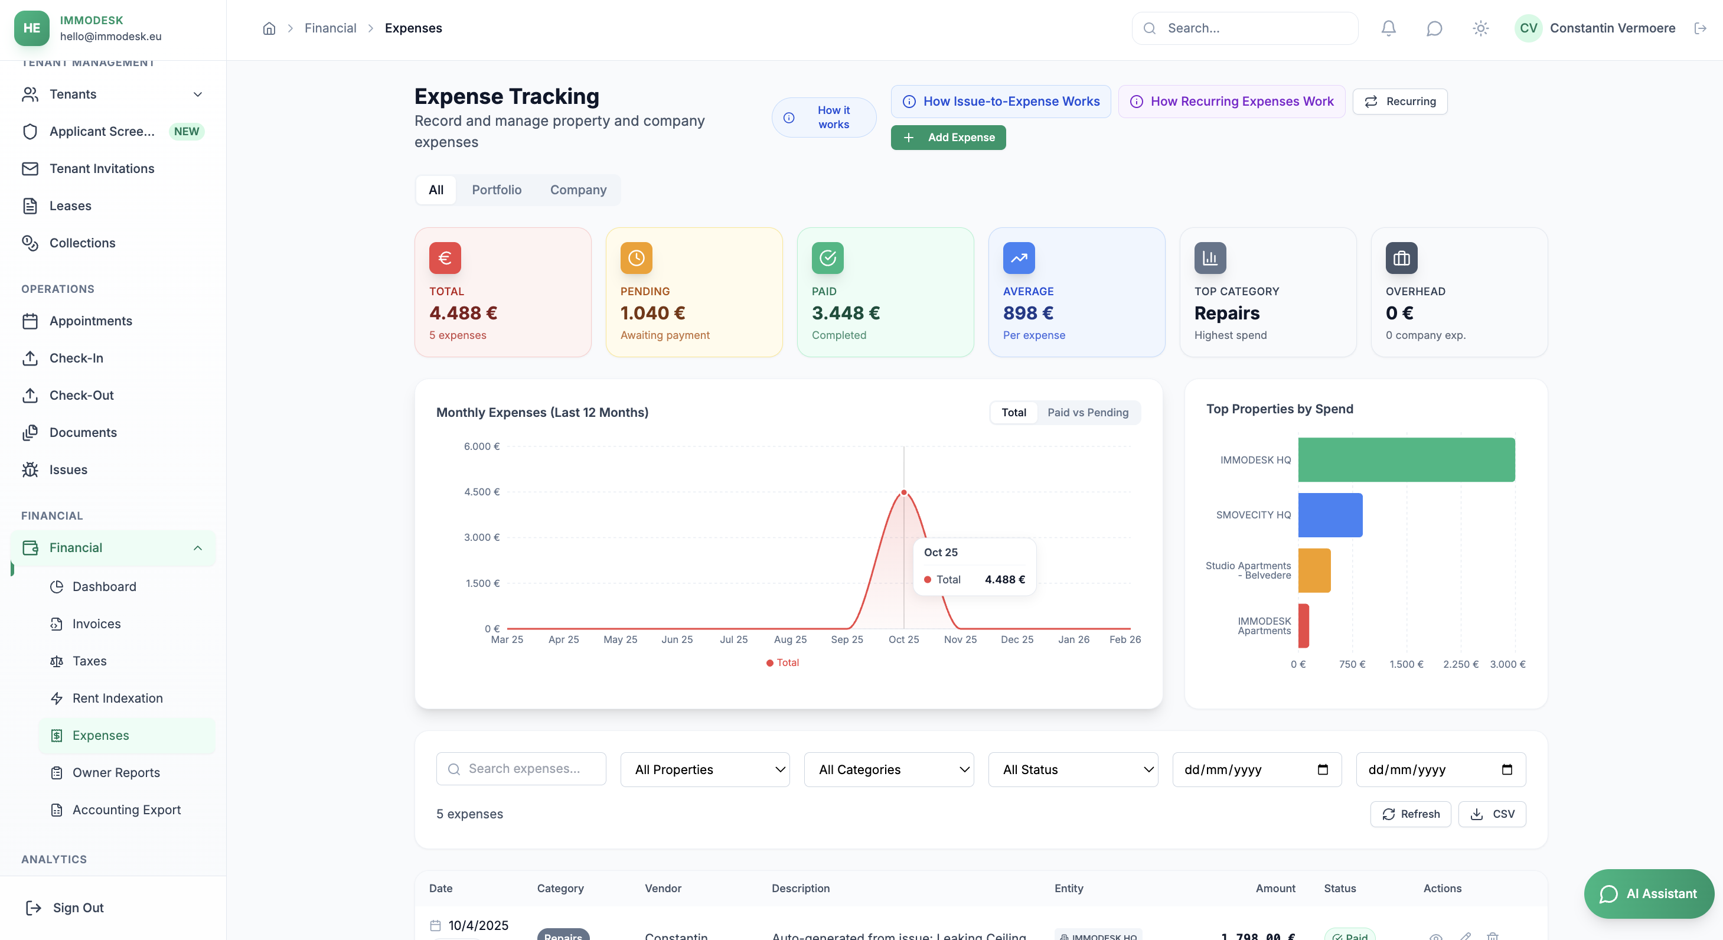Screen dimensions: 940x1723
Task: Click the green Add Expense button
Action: pos(948,137)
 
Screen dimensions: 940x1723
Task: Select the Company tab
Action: pos(578,190)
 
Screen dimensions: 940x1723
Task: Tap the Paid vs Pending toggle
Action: pos(1088,412)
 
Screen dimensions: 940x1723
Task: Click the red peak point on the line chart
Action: pos(903,492)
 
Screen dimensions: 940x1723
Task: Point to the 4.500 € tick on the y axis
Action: pos(482,492)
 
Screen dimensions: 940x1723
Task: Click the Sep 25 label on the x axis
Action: pos(847,639)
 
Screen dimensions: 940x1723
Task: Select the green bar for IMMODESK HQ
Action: pos(1406,459)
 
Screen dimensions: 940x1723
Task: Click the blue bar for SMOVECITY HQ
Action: pos(1330,514)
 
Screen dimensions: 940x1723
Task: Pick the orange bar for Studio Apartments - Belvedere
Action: pos(1314,570)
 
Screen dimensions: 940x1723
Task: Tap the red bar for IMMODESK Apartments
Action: pos(1304,625)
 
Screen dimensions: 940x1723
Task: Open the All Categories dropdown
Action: pos(888,769)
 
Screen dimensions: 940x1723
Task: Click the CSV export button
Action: pos(1492,814)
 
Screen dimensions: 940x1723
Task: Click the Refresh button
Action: pos(1410,814)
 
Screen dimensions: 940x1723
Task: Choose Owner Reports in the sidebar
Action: pos(116,772)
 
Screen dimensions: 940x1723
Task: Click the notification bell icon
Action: pos(1389,28)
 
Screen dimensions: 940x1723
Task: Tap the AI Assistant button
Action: pos(1648,893)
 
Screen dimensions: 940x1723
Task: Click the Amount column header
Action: pos(1275,888)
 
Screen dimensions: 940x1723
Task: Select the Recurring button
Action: pos(1400,101)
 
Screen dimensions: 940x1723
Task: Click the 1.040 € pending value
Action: pos(652,313)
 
